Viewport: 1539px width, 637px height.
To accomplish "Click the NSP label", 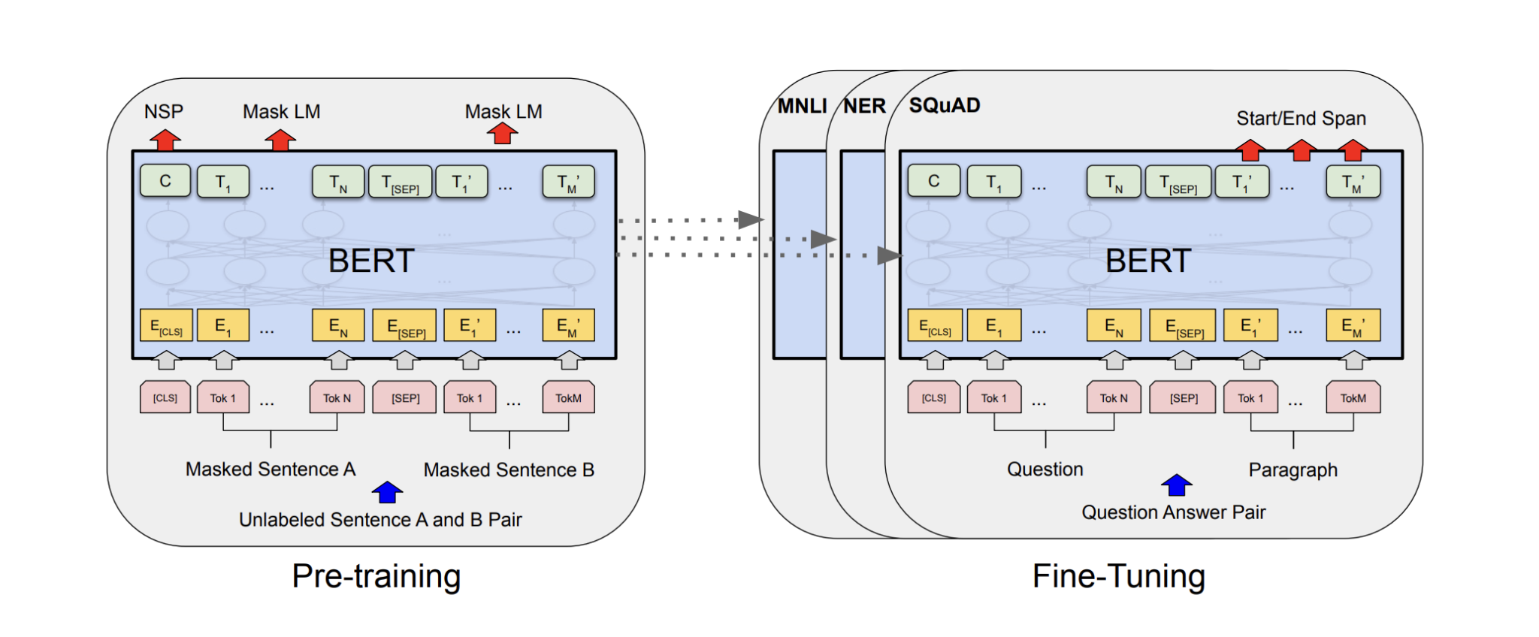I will (164, 112).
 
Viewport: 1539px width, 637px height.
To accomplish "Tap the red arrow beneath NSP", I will (165, 140).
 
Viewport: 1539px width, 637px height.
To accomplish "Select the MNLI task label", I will (801, 106).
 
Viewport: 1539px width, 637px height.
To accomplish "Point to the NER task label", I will (864, 106).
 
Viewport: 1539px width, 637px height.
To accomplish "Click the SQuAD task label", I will (945, 105).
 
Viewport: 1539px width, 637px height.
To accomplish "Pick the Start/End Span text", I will (1301, 118).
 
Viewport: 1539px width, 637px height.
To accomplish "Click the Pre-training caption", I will (376, 576).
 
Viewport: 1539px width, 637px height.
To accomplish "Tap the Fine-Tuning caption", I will (1118, 576).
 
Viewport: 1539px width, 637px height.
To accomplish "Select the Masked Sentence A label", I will (271, 469).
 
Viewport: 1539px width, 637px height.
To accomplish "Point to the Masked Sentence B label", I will (509, 470).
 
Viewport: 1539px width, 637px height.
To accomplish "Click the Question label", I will (1045, 469).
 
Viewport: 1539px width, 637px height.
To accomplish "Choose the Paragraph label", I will (1293, 470).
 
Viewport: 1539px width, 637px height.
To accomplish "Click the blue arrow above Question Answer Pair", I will (1177, 485).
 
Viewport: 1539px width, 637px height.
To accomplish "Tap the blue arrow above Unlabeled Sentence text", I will (388, 493).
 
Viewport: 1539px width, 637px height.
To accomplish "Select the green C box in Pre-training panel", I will (165, 181).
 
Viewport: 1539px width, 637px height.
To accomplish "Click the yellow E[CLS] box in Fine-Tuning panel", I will (935, 326).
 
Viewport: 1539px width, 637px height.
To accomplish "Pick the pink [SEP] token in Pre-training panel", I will (405, 398).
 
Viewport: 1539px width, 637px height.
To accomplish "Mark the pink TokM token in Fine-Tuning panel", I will (1353, 398).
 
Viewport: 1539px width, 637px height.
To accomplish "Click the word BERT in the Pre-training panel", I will (371, 261).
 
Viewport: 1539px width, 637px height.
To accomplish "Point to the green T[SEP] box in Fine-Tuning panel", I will (1178, 183).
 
